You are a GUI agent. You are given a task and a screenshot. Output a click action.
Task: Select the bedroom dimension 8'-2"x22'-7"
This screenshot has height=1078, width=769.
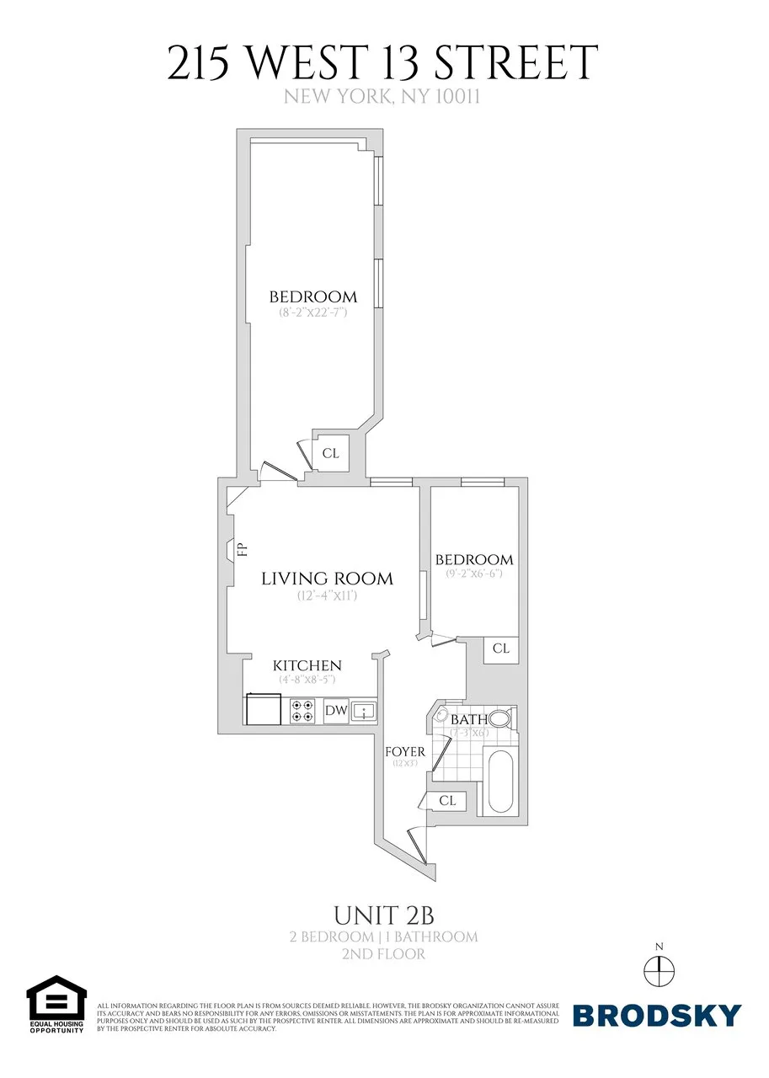click(313, 312)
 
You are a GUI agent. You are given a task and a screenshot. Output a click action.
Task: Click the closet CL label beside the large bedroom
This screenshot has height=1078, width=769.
click(331, 453)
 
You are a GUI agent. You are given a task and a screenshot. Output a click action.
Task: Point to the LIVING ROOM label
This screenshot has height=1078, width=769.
click(327, 579)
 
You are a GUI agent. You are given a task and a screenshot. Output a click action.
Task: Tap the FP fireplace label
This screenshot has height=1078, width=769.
click(243, 551)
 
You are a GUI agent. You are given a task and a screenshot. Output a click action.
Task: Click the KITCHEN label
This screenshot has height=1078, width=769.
click(307, 666)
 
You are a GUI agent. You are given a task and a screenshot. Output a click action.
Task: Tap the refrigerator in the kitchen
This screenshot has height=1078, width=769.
click(263, 710)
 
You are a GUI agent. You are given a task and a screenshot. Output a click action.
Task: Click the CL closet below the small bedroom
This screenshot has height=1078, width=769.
click(501, 648)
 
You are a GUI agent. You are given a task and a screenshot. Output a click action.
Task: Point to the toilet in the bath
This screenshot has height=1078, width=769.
click(499, 719)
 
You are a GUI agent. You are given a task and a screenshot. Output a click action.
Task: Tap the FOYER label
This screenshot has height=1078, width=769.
click(405, 751)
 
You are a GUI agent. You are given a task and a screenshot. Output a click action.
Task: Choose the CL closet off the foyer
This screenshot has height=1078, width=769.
click(446, 801)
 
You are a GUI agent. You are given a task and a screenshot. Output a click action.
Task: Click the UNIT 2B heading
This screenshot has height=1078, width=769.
click(384, 915)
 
